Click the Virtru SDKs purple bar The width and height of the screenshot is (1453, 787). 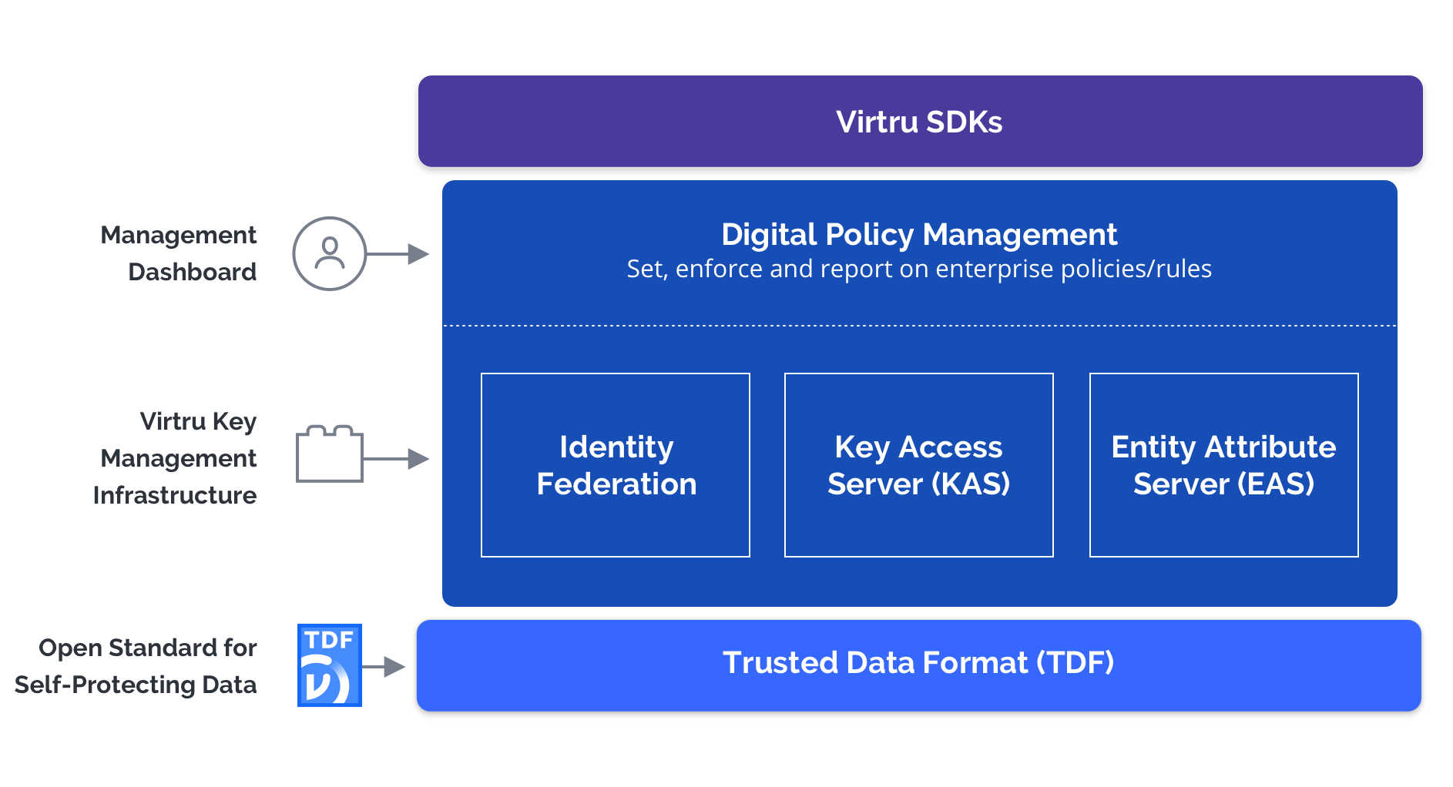point(920,122)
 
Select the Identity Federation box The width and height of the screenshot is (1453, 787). point(615,465)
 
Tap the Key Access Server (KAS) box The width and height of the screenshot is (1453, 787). point(918,465)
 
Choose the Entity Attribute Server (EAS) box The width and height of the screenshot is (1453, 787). point(1223,465)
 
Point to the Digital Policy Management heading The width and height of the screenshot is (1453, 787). point(919,234)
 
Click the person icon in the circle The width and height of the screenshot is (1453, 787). point(330,253)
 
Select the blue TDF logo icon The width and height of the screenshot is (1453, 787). point(330,665)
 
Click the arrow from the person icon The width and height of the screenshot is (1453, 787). point(398,253)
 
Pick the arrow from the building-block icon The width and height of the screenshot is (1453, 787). point(396,459)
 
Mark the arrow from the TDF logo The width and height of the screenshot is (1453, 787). point(384,666)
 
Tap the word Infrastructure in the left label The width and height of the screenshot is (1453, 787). point(175,495)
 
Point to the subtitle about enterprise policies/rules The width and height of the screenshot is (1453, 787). point(919,269)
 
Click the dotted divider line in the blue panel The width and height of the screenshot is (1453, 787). point(919,326)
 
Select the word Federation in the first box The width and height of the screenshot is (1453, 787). point(616,484)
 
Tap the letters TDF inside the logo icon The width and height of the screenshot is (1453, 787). point(329,640)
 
